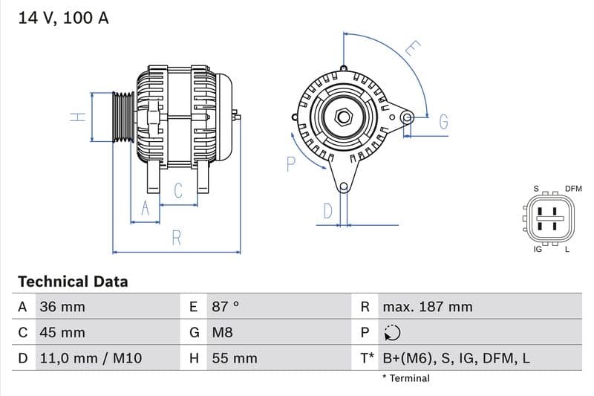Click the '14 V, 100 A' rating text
(x=63, y=18)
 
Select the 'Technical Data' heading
(x=73, y=282)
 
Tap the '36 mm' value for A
(x=62, y=307)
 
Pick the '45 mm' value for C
(x=62, y=333)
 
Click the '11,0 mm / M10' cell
(x=90, y=358)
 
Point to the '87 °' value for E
(x=226, y=307)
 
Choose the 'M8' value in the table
(x=223, y=333)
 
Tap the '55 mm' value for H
(x=235, y=358)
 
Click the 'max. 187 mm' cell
(x=427, y=307)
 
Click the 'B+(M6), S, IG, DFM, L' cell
(x=456, y=358)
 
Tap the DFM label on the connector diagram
(x=573, y=189)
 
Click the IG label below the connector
(x=538, y=250)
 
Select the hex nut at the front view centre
(x=343, y=117)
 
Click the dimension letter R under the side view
(x=177, y=238)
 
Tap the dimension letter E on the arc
(x=412, y=50)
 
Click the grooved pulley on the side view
(x=123, y=117)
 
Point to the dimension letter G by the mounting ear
(x=443, y=122)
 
